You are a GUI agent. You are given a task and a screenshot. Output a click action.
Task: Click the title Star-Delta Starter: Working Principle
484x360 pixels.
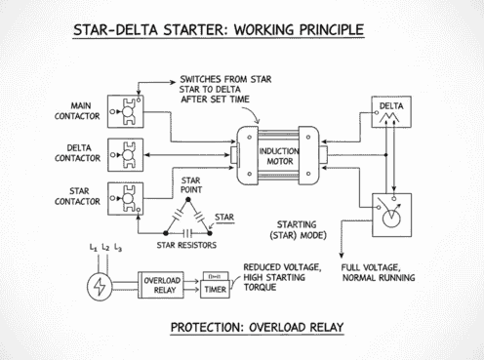(x=218, y=29)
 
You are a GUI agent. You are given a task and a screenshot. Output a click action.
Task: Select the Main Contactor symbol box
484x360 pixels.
(x=124, y=115)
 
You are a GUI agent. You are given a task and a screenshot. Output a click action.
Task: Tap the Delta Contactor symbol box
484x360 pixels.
(x=124, y=154)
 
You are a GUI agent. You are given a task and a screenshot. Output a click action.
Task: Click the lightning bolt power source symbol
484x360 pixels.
(x=99, y=286)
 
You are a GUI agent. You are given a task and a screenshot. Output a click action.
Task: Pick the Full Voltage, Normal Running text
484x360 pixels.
(x=386, y=273)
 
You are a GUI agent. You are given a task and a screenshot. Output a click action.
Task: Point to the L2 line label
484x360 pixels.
(x=104, y=249)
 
